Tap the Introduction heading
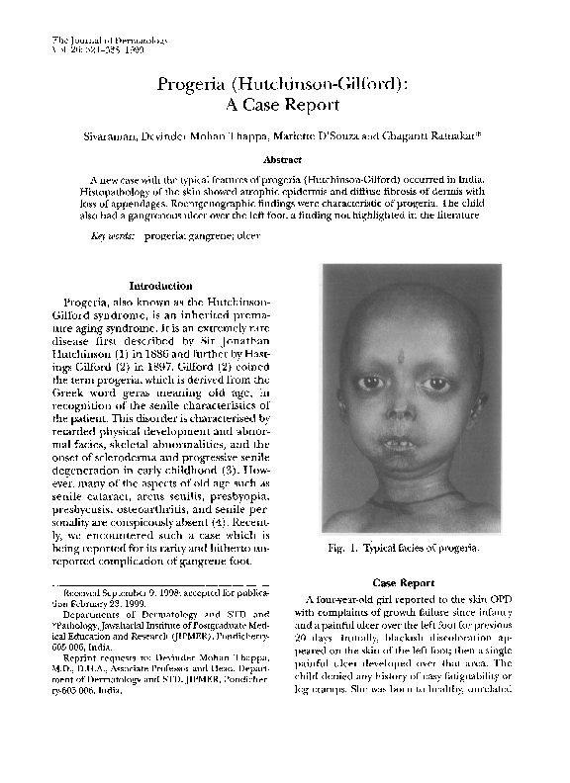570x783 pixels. point(160,286)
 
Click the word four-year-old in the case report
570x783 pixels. point(351,599)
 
